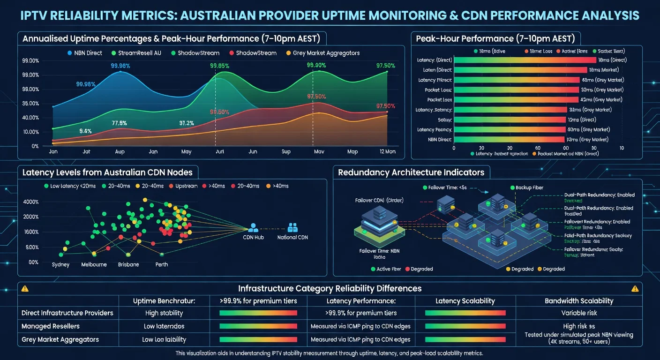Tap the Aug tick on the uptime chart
pos(120,152)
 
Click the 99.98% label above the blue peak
pos(120,66)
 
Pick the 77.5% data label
pos(120,123)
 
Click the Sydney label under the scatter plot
pos(60,264)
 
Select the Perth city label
pos(162,264)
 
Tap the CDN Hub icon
pos(253,228)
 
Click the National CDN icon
pos(293,228)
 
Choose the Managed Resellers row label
pos(51,326)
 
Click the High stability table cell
pos(164,313)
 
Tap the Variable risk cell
pos(579,313)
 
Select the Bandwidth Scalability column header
pos(579,301)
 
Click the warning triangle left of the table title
pos(25,289)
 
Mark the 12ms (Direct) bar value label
pos(586,120)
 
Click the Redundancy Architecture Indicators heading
pos(411,172)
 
